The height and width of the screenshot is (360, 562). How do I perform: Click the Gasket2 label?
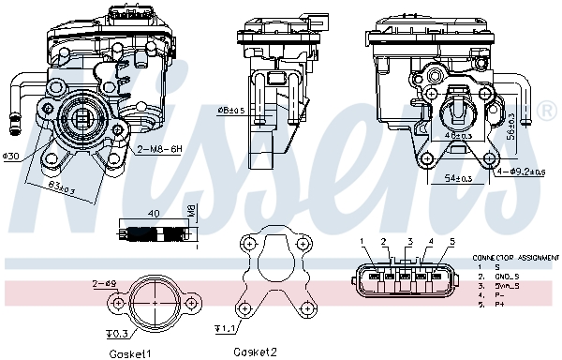[x=255, y=352]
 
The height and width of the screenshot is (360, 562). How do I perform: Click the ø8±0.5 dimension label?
[x=230, y=110]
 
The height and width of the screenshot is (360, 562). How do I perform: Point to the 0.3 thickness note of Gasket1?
[x=116, y=333]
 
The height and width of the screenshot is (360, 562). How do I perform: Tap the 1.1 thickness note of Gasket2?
[x=224, y=329]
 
